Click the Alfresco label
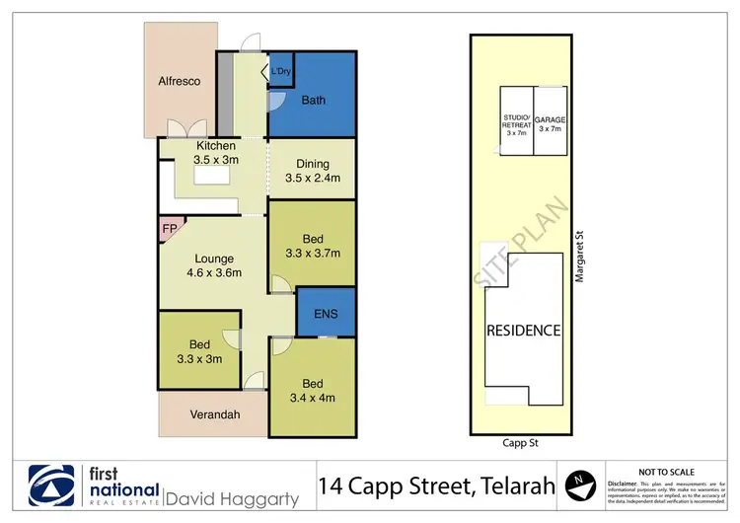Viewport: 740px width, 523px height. [x=180, y=81]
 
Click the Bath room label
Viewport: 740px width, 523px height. [x=313, y=100]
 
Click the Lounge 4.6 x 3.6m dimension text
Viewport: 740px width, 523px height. [x=214, y=266]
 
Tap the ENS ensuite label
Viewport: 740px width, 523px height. [x=327, y=314]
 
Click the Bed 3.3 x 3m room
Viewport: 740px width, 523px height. [x=199, y=351]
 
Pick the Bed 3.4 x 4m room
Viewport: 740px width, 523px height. [x=312, y=391]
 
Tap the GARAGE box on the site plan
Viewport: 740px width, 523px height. [x=550, y=123]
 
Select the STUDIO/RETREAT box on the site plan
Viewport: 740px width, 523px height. [x=516, y=123]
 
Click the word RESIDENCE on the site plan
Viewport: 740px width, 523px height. [x=522, y=331]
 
